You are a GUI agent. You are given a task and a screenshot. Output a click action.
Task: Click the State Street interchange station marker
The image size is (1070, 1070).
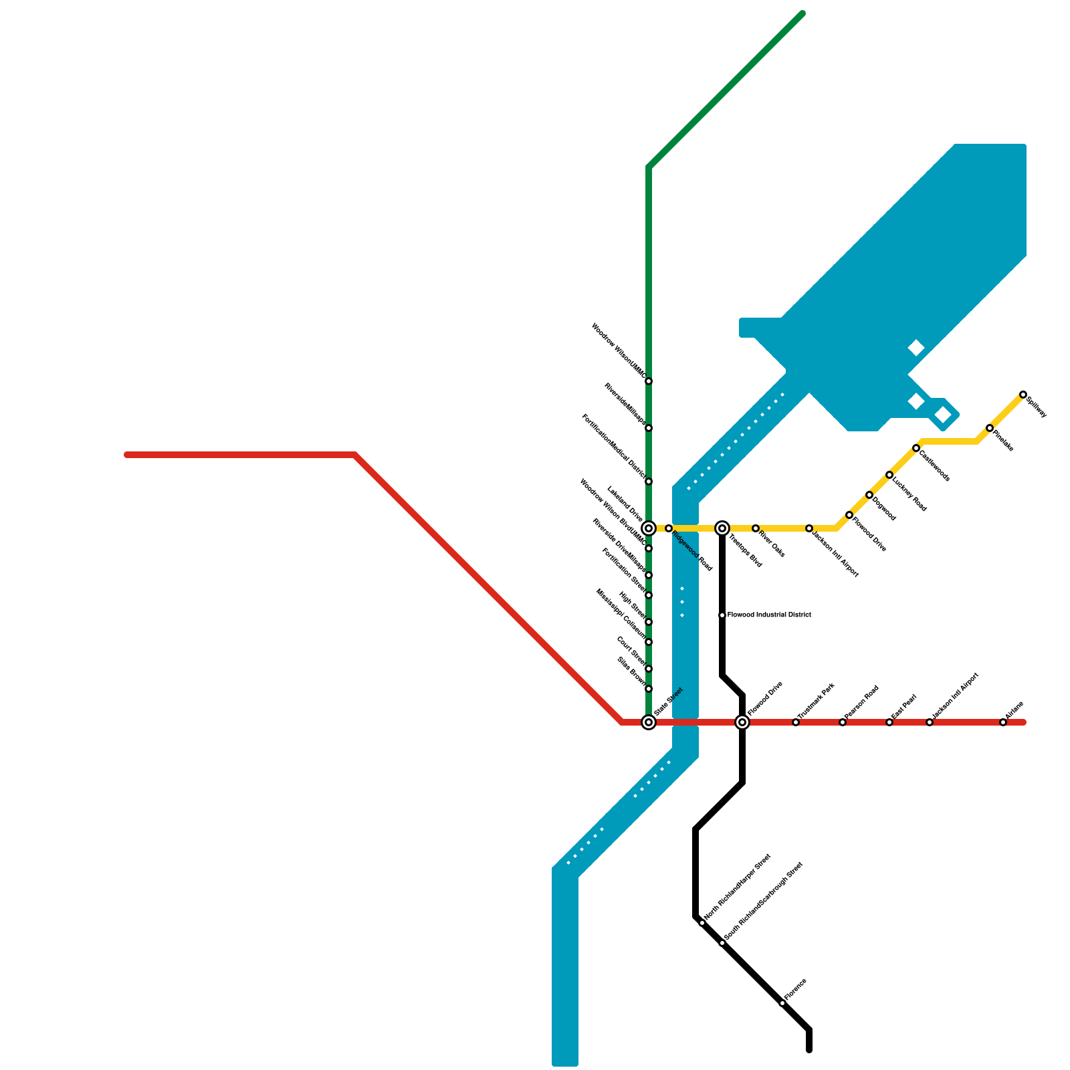(648, 722)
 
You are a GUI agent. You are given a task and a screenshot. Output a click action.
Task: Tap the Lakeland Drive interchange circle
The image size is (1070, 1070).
(648, 528)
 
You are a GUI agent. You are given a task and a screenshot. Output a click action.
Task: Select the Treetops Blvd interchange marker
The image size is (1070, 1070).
(722, 528)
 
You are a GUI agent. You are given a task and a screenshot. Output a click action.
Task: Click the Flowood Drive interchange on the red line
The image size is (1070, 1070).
(742, 722)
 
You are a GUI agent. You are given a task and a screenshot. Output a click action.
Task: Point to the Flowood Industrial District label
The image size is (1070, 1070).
(769, 615)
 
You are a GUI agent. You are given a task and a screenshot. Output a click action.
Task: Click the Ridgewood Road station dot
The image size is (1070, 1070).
(668, 528)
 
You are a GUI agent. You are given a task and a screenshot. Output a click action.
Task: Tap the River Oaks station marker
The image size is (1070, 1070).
(755, 528)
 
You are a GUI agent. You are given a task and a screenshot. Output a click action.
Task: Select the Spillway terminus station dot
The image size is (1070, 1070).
(1023, 395)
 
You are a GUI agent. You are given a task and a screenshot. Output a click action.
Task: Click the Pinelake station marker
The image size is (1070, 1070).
(989, 428)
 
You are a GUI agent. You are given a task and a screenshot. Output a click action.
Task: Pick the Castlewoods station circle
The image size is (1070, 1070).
(916, 448)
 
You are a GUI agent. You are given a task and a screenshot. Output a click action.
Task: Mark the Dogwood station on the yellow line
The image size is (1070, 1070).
(869, 495)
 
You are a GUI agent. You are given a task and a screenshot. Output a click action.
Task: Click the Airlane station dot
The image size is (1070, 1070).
(1002, 722)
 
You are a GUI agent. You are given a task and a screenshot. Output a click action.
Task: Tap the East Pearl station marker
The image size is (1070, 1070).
(889, 722)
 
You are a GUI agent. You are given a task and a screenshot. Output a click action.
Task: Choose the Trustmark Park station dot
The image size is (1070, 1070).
(795, 722)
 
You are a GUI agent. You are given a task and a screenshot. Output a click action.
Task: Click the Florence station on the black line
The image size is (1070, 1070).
(782, 1003)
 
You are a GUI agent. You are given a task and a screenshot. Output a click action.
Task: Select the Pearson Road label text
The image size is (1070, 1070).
(861, 702)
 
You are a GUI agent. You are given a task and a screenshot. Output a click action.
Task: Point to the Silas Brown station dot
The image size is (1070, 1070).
(648, 689)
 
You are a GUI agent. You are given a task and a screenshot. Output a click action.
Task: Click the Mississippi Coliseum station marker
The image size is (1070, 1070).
(648, 642)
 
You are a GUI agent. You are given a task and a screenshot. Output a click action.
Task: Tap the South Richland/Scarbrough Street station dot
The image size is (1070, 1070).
(722, 943)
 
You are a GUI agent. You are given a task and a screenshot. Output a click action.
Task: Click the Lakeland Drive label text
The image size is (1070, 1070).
(624, 504)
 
